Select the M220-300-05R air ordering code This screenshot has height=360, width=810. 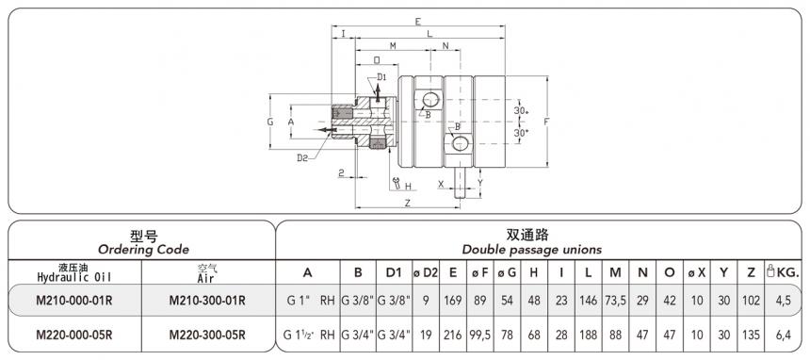point(207,334)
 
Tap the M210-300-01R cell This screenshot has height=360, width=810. point(207,301)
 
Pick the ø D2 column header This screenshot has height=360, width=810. point(426,272)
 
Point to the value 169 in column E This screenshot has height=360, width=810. point(454,301)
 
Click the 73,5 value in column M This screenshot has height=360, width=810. point(615,301)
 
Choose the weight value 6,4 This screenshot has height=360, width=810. point(783,334)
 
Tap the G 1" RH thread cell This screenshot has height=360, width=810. point(309,301)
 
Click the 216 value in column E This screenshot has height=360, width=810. point(454,334)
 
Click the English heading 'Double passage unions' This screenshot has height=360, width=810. point(532,249)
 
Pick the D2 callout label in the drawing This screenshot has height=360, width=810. point(302,157)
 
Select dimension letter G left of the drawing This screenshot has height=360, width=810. point(269,123)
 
